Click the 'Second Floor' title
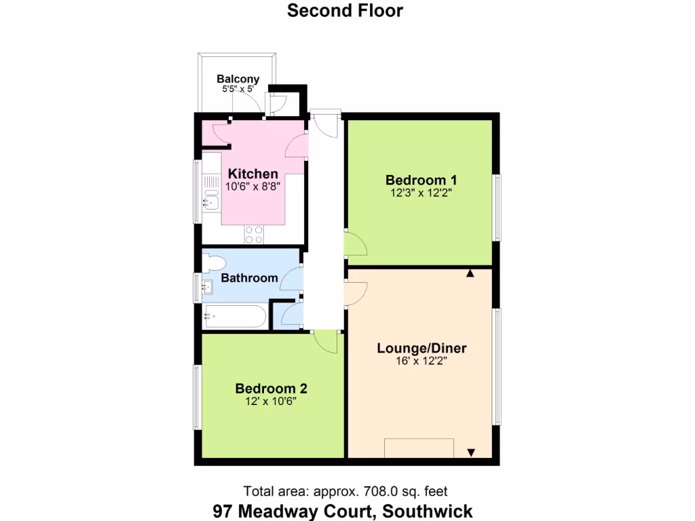pos(345,11)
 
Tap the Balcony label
pos(238,79)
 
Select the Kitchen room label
pos(252,174)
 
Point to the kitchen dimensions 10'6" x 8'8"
pos(252,186)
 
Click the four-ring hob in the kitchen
pos(254,234)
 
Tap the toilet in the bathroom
pos(214,262)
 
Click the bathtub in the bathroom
pos(235,316)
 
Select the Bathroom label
pos(250,278)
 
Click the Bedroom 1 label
pos(421,180)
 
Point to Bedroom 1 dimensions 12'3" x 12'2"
pos(421,193)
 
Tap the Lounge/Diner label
pos(421,349)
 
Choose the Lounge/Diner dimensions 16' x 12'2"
pos(421,362)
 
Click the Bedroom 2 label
pos(271,389)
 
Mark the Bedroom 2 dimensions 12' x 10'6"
pos(271,401)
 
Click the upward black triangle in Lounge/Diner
pos(470,273)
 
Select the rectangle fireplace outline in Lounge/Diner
pos(419,448)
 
